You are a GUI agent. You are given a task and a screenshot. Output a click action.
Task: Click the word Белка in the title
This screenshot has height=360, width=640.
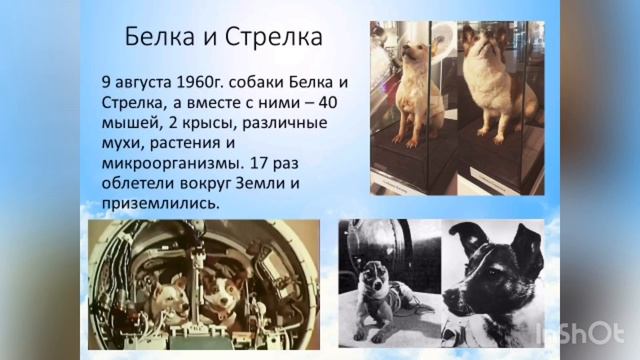[156, 39]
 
